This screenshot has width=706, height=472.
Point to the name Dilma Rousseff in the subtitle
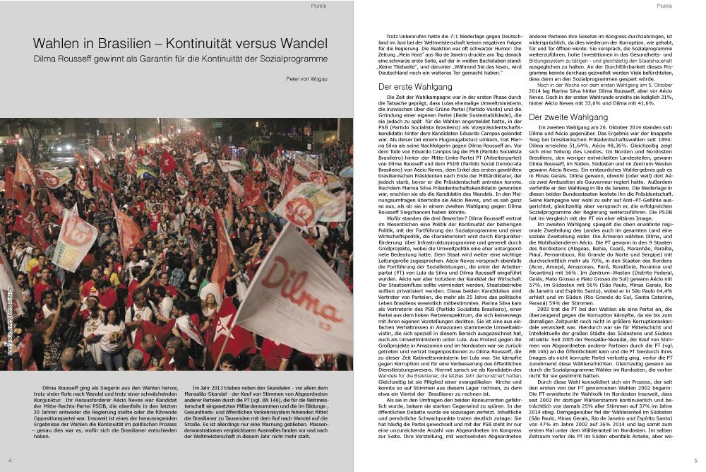click(65, 59)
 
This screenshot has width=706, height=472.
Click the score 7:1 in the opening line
click(439, 35)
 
